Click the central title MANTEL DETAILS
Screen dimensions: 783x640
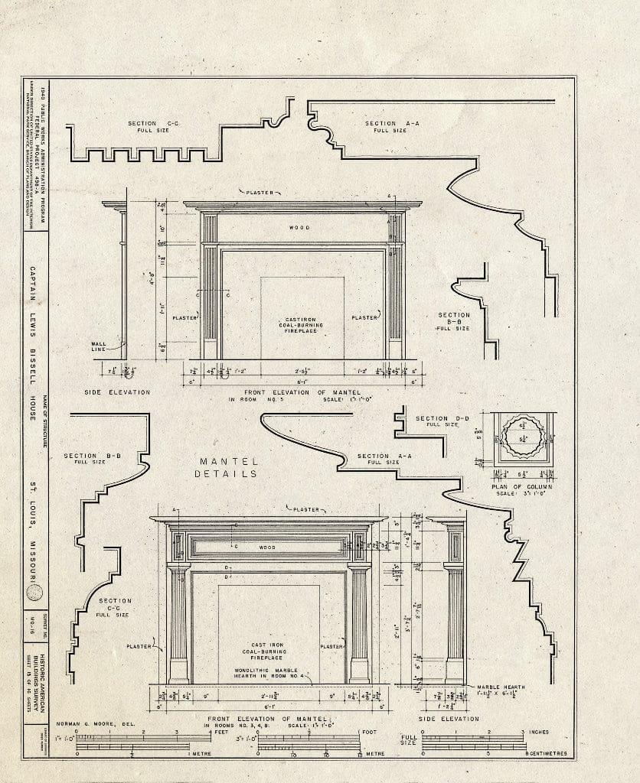tap(229, 467)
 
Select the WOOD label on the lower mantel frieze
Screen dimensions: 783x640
tap(266, 547)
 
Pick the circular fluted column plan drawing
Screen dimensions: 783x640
tap(524, 437)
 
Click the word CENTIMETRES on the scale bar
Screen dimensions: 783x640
tap(545, 753)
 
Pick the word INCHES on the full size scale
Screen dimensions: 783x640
tap(539, 733)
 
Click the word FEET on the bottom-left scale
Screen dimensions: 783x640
tap(222, 733)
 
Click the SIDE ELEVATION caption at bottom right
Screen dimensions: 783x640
tap(449, 719)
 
